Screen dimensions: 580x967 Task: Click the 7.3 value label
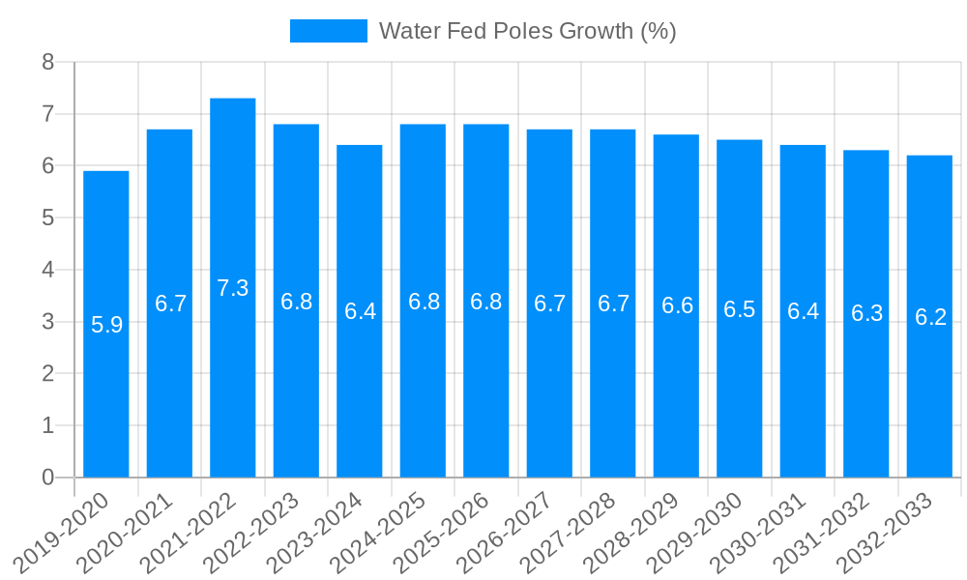coord(233,288)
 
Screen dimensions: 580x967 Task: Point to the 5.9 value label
coord(106,325)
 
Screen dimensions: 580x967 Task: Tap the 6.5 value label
coord(740,309)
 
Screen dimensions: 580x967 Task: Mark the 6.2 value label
coord(930,317)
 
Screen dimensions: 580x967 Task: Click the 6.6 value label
coord(677,305)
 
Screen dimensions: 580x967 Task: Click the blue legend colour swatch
coord(329,31)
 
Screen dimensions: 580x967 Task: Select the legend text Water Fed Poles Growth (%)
coord(527,31)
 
